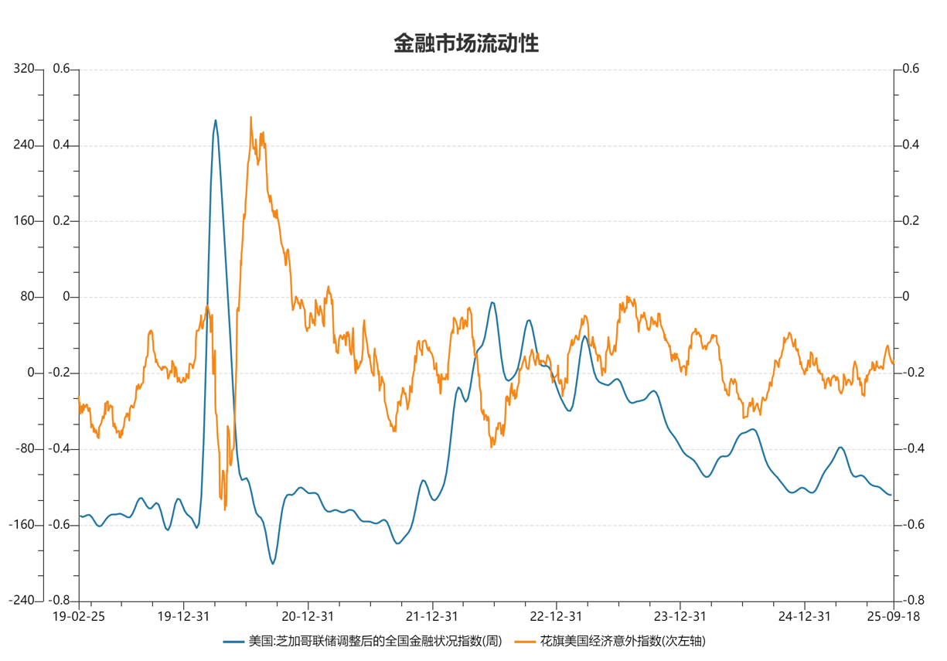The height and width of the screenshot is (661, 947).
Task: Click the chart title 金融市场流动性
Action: pos(465,43)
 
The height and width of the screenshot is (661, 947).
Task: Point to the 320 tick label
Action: pos(24,70)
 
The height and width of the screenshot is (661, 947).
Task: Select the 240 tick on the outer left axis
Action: pos(24,145)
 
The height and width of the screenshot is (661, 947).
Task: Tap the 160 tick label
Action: pos(24,221)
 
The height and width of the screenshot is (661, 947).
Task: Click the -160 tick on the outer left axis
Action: pos(22,525)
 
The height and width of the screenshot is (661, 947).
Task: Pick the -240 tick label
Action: pos(22,601)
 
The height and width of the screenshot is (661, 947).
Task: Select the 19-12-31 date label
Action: pos(183,616)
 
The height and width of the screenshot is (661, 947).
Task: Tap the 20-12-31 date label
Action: pos(308,616)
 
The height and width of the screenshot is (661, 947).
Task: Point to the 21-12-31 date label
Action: pos(431,616)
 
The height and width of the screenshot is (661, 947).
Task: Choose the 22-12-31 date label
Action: pos(556,616)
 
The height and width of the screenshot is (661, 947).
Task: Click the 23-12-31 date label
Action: pos(680,616)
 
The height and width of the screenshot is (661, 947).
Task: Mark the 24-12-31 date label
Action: pos(804,616)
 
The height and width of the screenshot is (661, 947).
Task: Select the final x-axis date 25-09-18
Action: pos(893,616)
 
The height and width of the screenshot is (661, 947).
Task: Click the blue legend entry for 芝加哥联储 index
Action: pos(364,642)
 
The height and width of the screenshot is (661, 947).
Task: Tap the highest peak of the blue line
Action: pos(215,120)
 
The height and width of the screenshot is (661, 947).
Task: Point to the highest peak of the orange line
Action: pos(251,118)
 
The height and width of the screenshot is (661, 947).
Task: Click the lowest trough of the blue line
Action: pos(272,564)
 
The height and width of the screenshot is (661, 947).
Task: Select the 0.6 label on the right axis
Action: pos(911,70)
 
